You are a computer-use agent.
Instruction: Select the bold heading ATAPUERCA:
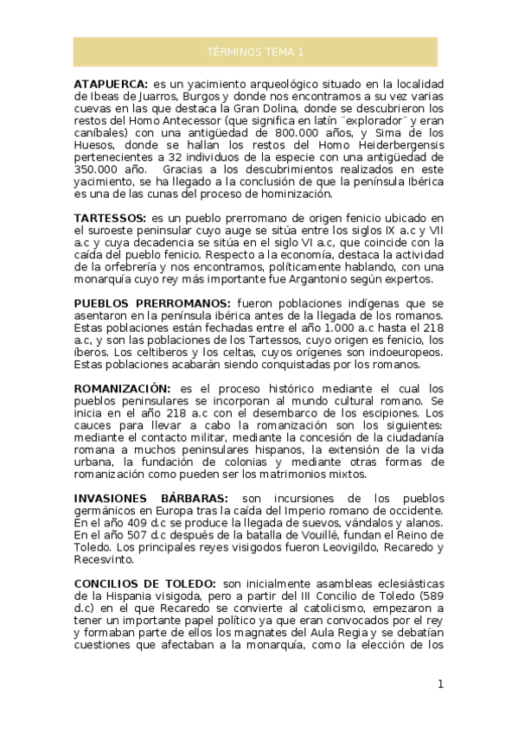coord(111,85)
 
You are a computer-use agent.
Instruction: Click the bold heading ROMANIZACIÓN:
coord(123,390)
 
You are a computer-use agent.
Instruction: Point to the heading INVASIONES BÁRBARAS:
coord(151,499)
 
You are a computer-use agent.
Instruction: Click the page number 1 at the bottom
coord(440,685)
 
